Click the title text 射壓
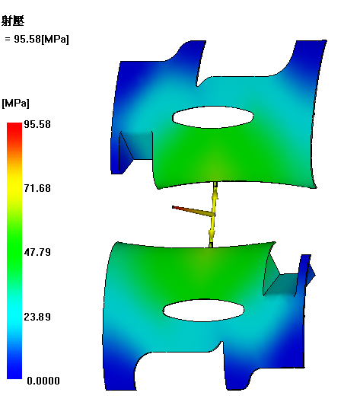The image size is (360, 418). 13,21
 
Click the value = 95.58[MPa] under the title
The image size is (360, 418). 37,39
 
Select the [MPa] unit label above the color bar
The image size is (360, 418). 15,103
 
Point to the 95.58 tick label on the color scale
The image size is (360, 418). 37,124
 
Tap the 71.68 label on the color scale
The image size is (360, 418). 37,188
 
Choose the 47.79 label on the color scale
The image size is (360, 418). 37,252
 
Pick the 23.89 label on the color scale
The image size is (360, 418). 37,317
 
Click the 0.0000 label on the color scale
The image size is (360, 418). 43,381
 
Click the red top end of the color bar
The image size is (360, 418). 14,126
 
